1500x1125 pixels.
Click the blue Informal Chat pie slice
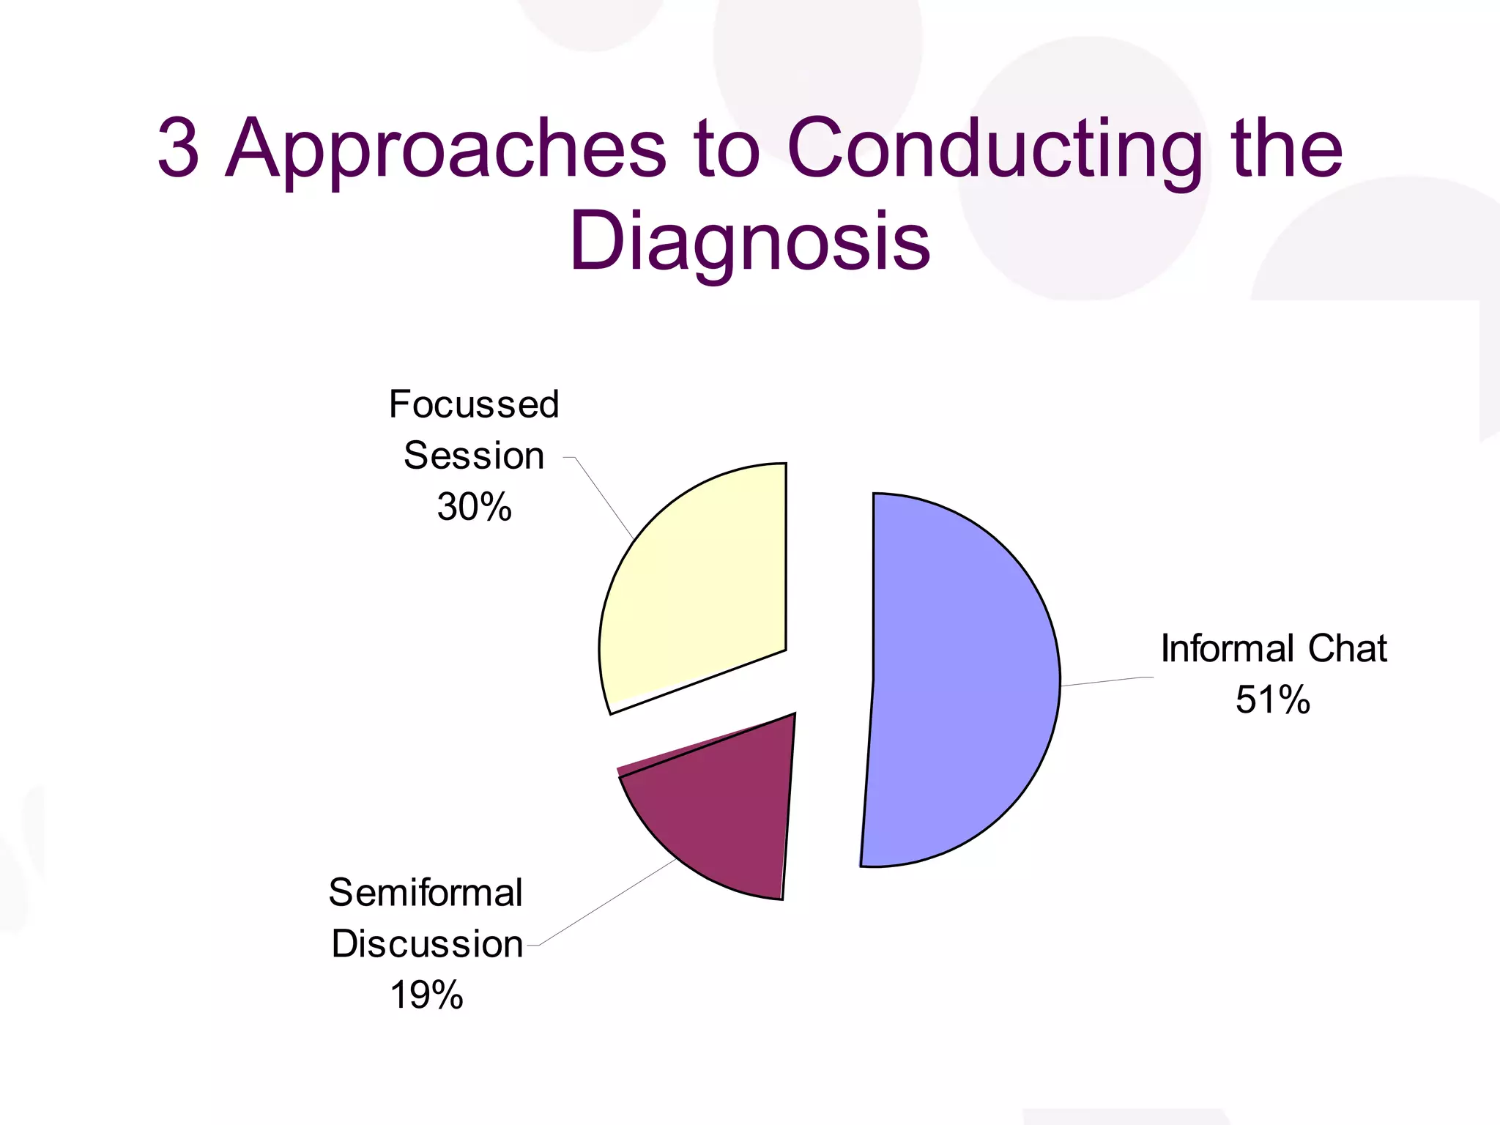(x=959, y=681)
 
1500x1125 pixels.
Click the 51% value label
(x=1272, y=699)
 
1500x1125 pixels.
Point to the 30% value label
(x=474, y=507)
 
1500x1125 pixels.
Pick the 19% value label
(x=426, y=995)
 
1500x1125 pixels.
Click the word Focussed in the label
(x=474, y=404)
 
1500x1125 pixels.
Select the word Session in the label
(x=474, y=456)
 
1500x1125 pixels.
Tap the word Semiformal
(x=426, y=893)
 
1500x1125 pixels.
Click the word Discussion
(x=427, y=944)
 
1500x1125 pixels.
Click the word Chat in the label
(x=1347, y=649)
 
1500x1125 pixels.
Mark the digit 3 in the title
(x=178, y=149)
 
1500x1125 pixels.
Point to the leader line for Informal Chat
(x=1106, y=682)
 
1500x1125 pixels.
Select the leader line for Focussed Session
(x=605, y=499)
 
